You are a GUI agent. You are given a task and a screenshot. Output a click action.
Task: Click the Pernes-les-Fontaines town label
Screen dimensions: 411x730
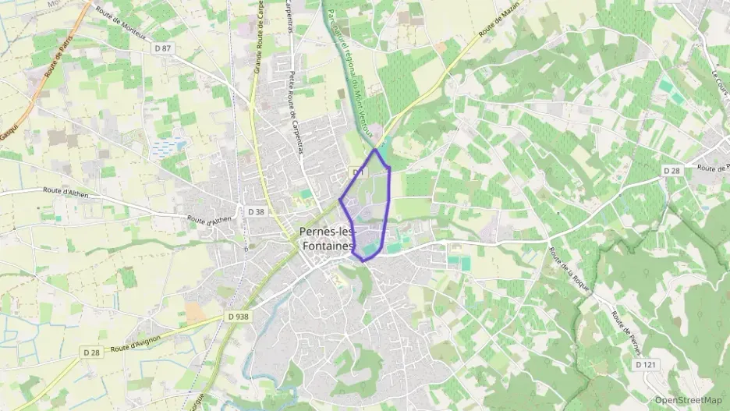(x=327, y=238)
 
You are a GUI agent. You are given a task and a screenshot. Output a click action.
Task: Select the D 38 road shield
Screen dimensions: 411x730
(x=256, y=211)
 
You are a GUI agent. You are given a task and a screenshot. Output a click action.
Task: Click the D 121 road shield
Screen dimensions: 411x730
(x=645, y=364)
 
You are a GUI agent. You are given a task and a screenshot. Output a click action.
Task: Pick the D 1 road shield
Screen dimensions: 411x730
(x=358, y=172)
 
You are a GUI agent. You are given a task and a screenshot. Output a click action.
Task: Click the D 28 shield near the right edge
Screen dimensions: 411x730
(x=672, y=170)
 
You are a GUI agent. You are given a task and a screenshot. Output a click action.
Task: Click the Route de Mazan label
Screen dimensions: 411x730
(x=498, y=27)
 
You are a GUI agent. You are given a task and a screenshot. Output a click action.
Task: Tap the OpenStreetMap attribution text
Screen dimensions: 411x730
(x=688, y=401)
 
